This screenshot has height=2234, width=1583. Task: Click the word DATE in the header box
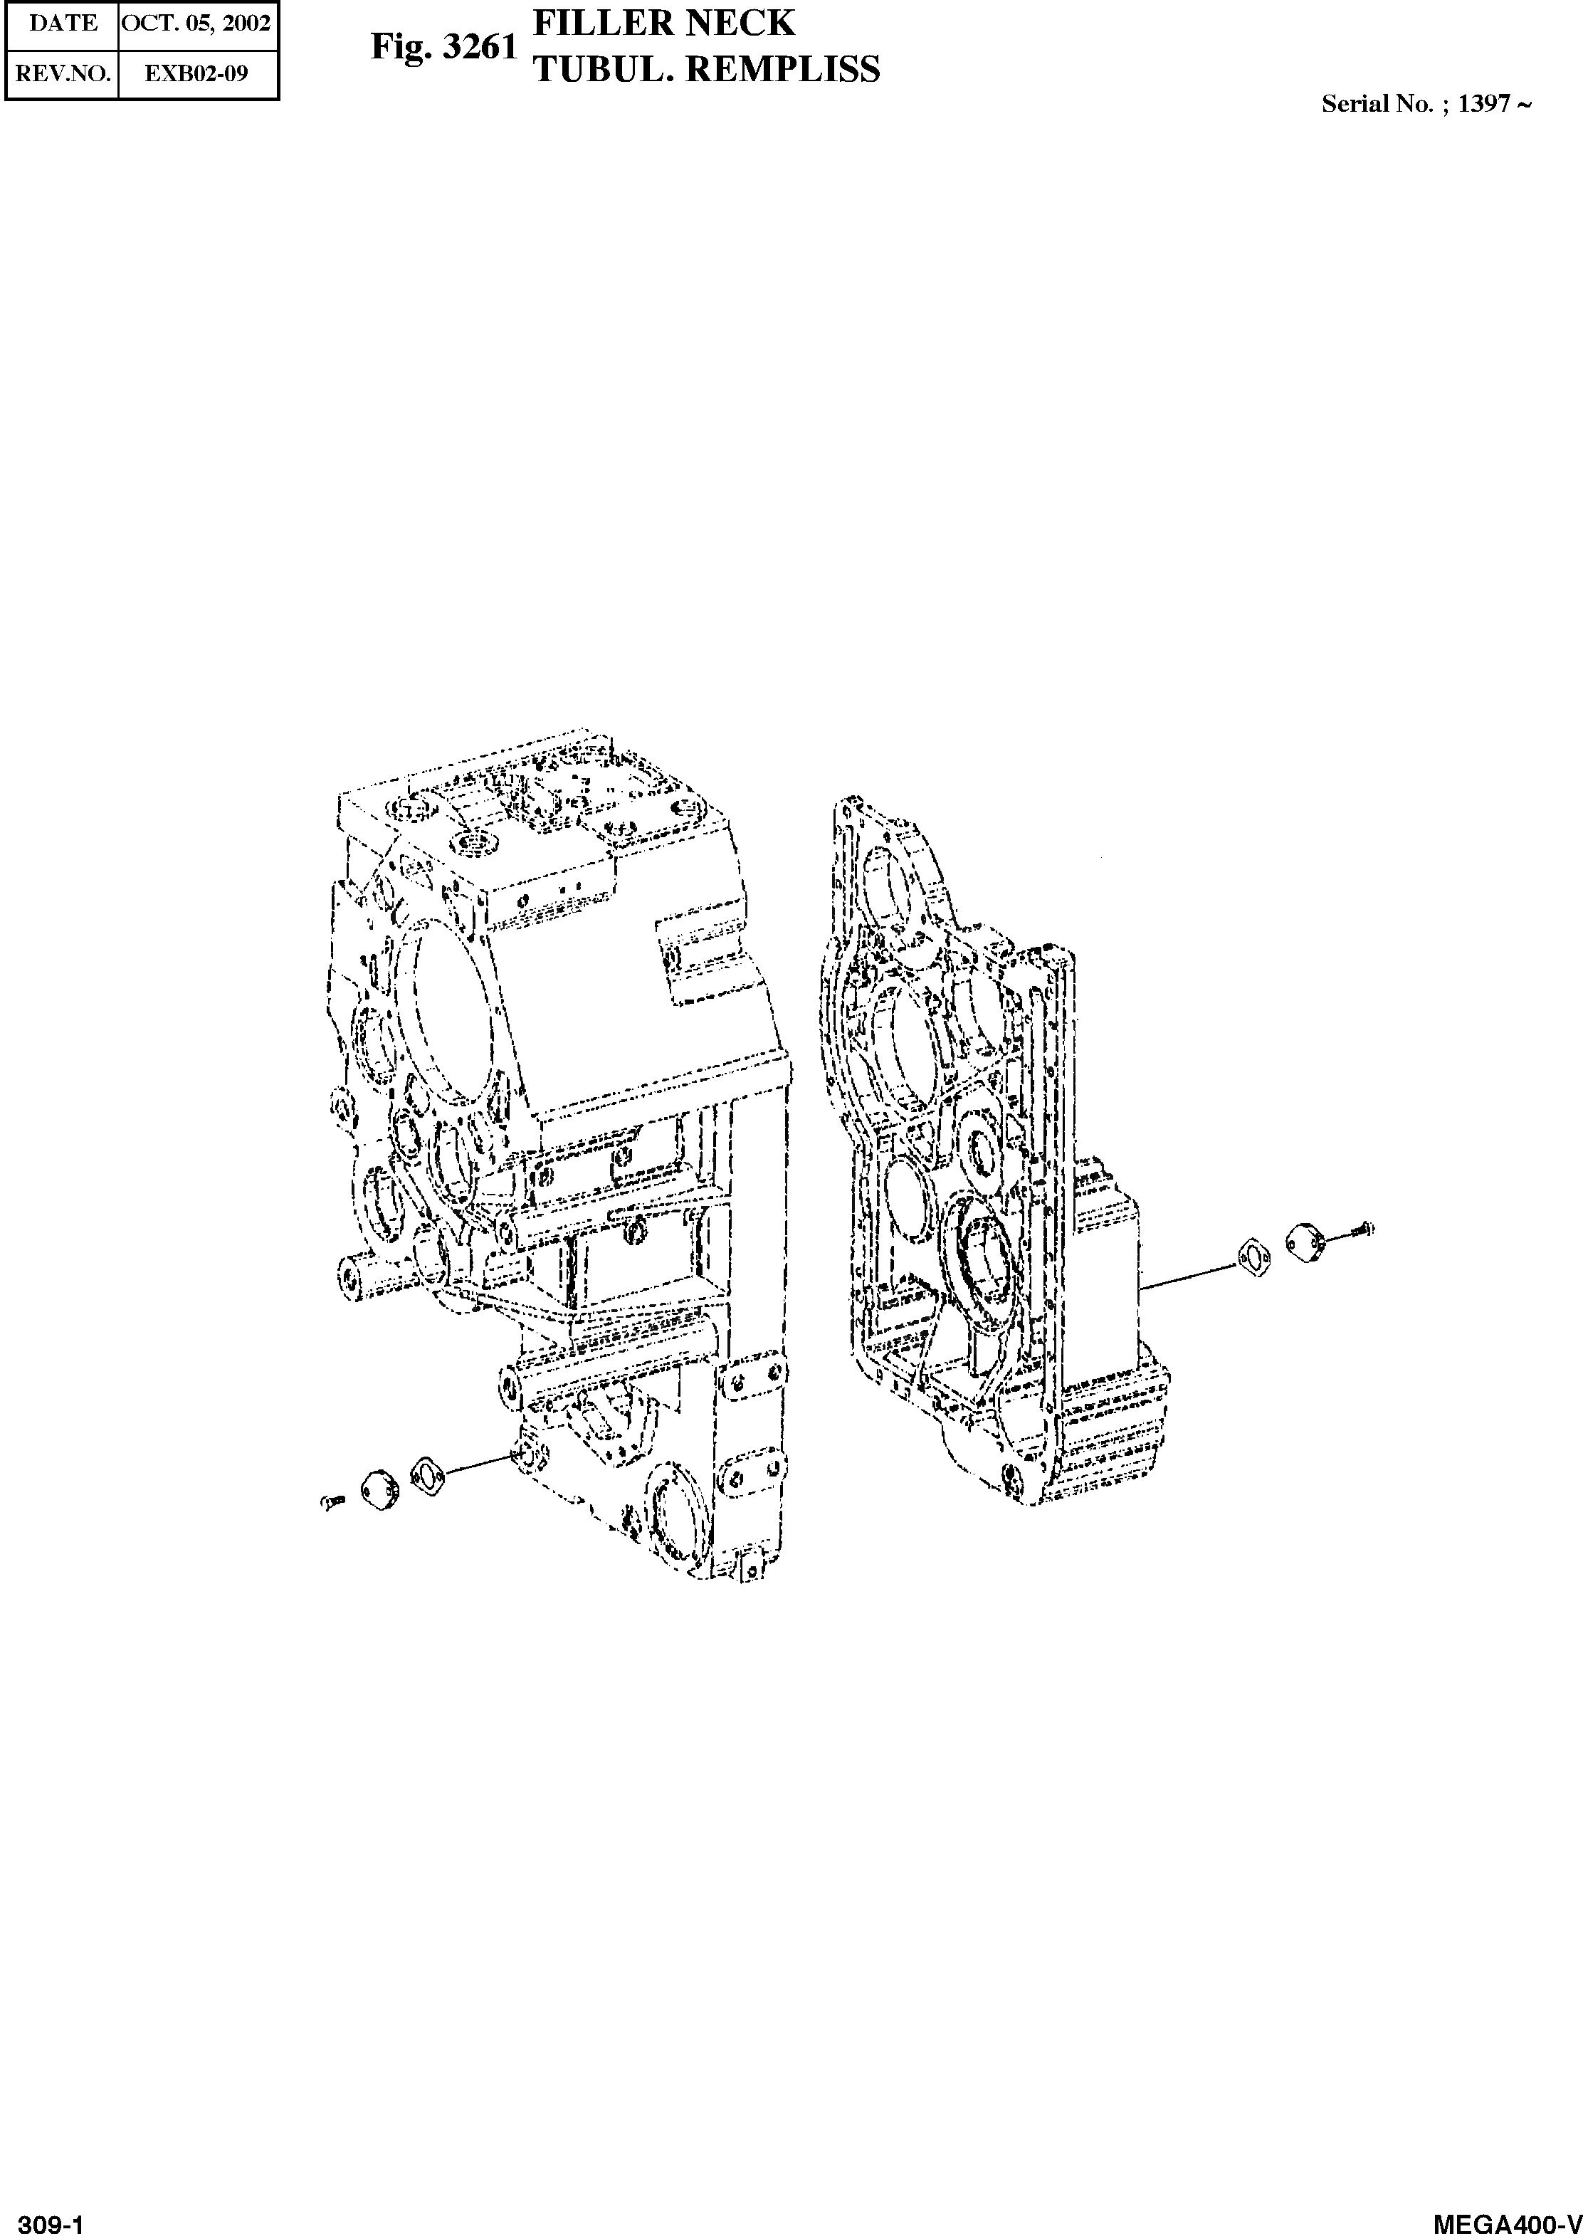point(63,23)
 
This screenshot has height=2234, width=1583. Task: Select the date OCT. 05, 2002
point(196,23)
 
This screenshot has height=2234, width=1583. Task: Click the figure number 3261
point(478,47)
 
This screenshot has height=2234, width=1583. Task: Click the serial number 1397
point(1483,104)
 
